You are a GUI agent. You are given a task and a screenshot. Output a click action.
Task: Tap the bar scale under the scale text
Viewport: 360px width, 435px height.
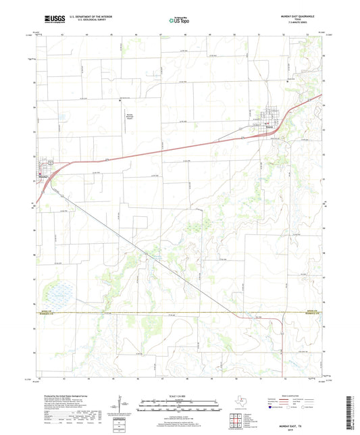(180, 408)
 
